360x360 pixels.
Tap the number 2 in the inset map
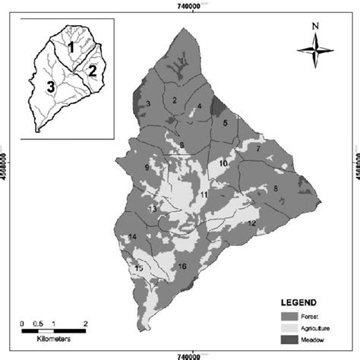pos(91,71)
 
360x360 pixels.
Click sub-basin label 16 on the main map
pos(182,267)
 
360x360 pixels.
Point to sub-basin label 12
pos(251,223)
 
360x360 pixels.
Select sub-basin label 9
pos(146,168)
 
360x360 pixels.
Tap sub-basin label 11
pos(204,195)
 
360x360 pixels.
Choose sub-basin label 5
pos(225,122)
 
